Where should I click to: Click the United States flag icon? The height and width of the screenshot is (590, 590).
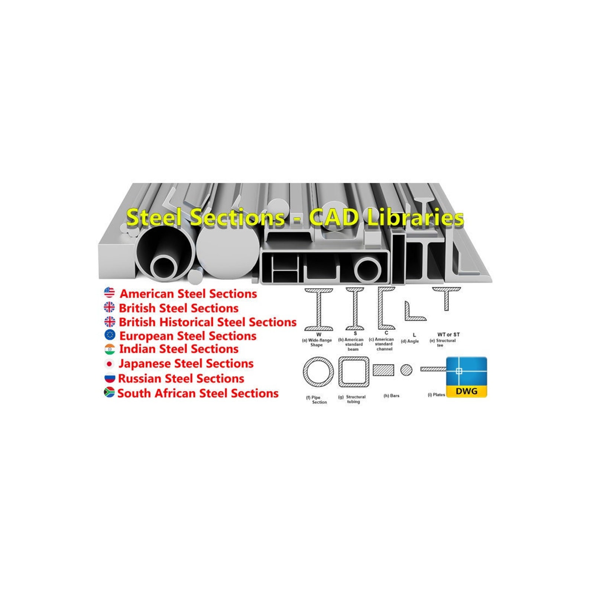tap(109, 292)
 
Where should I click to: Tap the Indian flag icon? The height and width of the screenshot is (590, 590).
tap(110, 349)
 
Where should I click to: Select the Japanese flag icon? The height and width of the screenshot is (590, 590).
tap(109, 364)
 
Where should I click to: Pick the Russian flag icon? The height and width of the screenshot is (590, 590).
tap(110, 378)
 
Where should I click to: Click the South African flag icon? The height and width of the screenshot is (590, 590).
tap(109, 392)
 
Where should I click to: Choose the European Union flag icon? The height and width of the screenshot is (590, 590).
tap(110, 335)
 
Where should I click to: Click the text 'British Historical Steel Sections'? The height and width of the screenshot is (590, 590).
tap(207, 322)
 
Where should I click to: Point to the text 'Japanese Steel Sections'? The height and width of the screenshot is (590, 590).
tap(186, 364)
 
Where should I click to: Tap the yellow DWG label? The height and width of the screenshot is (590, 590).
tap(466, 391)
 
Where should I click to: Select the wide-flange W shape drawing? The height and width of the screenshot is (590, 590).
tap(318, 309)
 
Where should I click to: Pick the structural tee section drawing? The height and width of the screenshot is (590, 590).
tap(447, 297)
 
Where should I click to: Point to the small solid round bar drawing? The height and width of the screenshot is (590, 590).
tap(406, 370)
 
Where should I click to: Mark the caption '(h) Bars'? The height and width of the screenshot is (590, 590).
tap(391, 396)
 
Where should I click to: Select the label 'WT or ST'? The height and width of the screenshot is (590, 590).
tap(448, 335)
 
